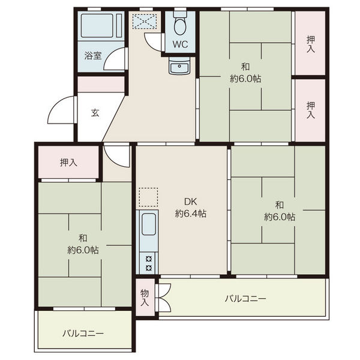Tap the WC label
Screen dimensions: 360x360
[180, 44]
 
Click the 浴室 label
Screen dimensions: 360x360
[93, 56]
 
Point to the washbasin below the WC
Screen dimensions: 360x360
[179, 65]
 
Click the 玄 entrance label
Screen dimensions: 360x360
[95, 113]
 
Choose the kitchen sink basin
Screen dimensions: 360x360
[149, 224]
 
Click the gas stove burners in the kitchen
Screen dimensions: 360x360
[149, 263]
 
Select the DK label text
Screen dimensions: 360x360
[191, 202]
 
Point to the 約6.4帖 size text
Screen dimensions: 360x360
[191, 214]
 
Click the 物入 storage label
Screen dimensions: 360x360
[145, 298]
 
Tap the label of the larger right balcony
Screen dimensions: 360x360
[245, 299]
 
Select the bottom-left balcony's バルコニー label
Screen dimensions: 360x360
[83, 333]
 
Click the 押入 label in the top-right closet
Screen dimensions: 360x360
[310, 44]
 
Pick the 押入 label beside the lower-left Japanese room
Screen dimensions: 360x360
[68, 163]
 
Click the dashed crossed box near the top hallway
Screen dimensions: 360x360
[145, 22]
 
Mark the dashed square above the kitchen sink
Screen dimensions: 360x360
[148, 197]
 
